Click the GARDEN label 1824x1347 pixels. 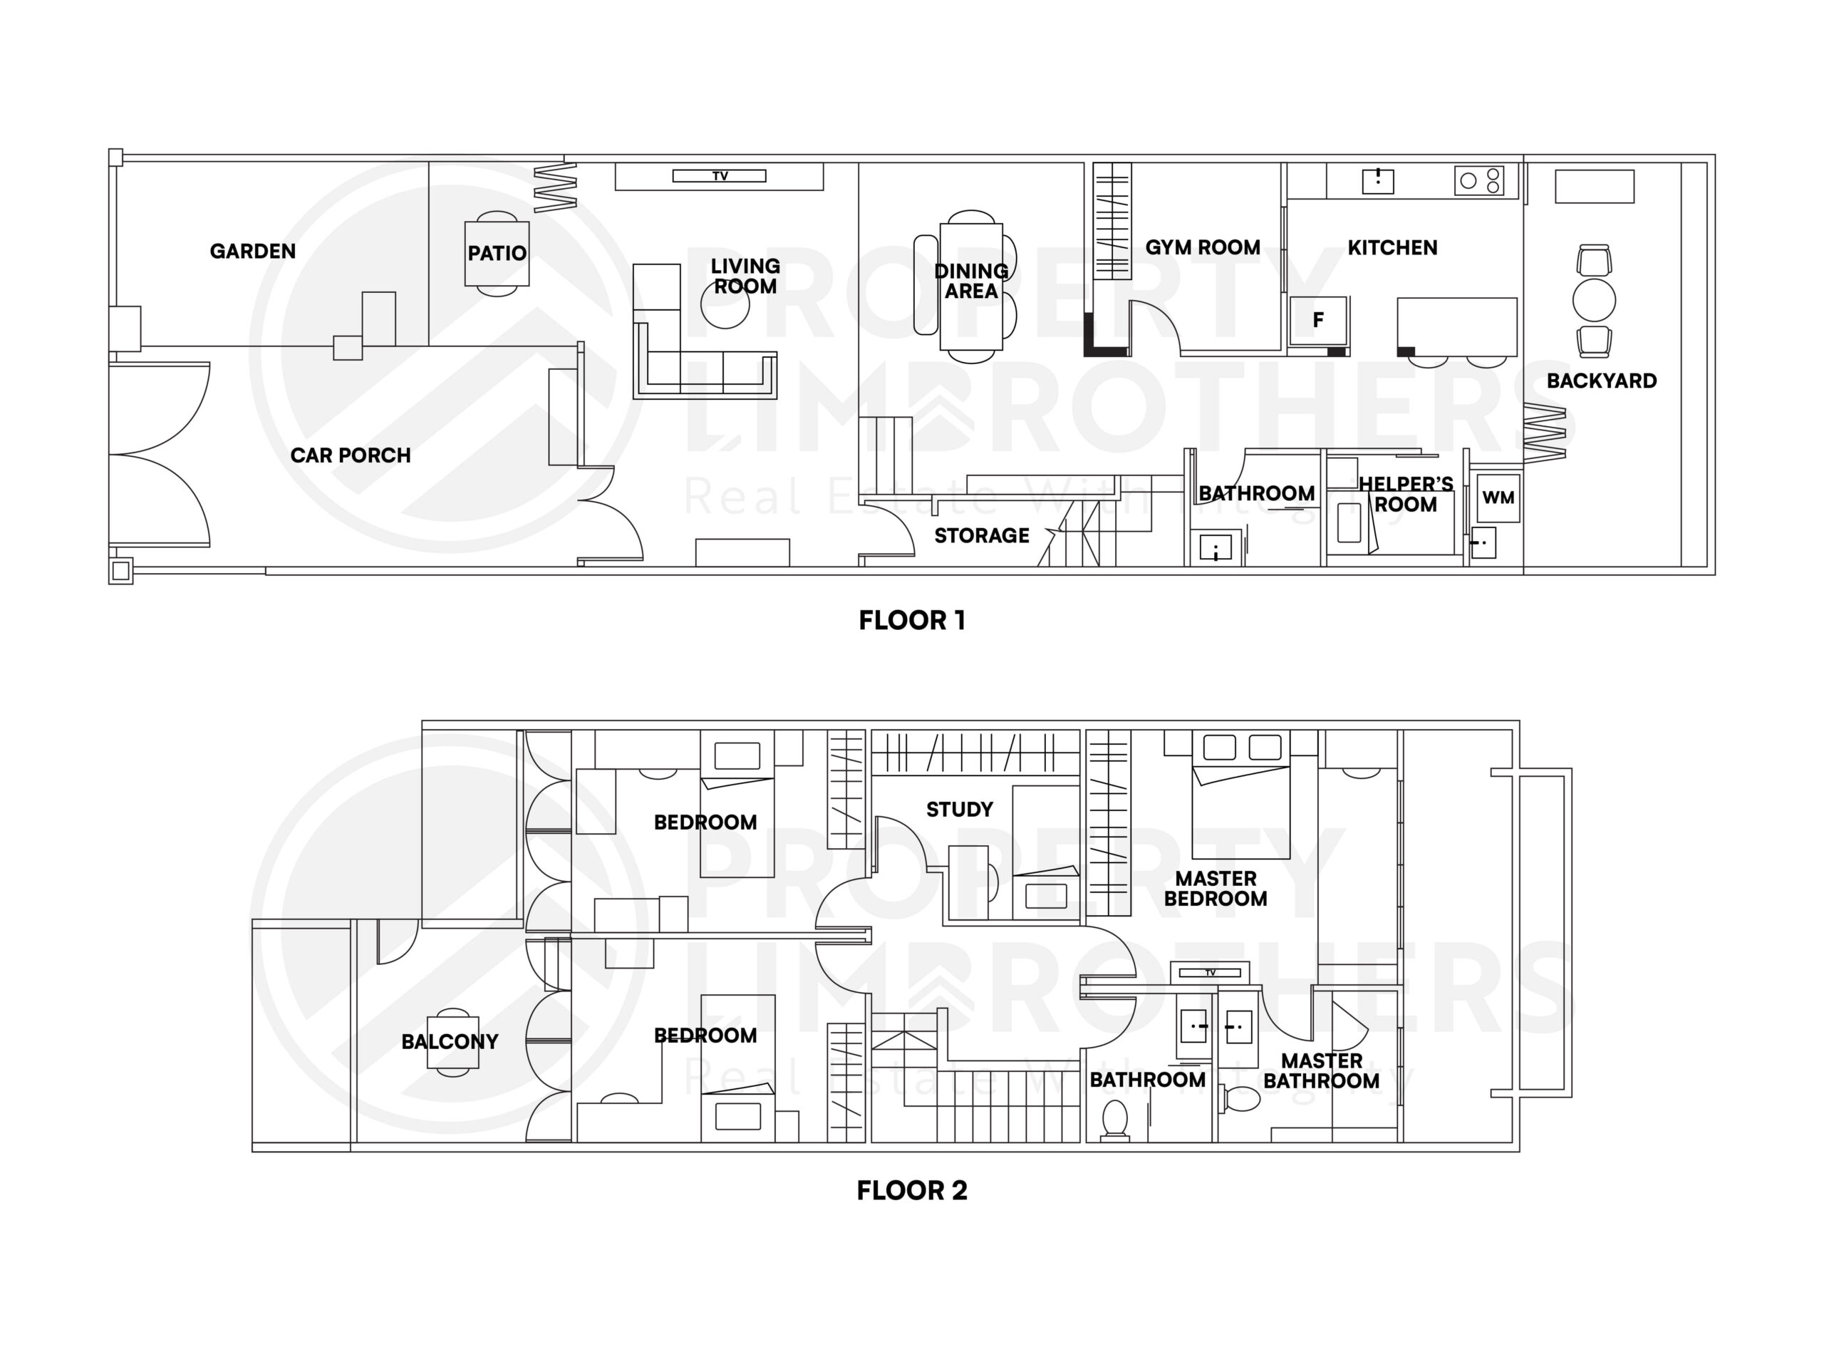(x=253, y=251)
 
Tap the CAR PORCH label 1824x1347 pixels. (x=351, y=455)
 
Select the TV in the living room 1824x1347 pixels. (x=719, y=176)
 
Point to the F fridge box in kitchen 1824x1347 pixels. (x=1318, y=321)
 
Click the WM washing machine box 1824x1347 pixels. (x=1498, y=497)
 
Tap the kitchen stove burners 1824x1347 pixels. (x=1479, y=180)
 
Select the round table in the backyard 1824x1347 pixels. (x=1594, y=300)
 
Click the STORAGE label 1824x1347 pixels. (x=981, y=536)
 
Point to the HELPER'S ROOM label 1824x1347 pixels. (x=1406, y=494)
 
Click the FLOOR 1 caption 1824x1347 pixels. (x=912, y=621)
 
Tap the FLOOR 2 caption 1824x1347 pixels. (x=912, y=1190)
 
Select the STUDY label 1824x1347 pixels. (x=959, y=810)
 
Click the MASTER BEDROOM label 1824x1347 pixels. (x=1216, y=889)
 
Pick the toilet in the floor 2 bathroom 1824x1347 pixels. (x=1114, y=1119)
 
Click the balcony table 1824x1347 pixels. (x=452, y=1041)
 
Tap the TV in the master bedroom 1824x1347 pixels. (x=1211, y=973)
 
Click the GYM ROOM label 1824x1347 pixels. (x=1202, y=247)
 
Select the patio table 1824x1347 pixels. (x=497, y=254)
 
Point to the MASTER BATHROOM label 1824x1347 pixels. (x=1321, y=1070)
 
